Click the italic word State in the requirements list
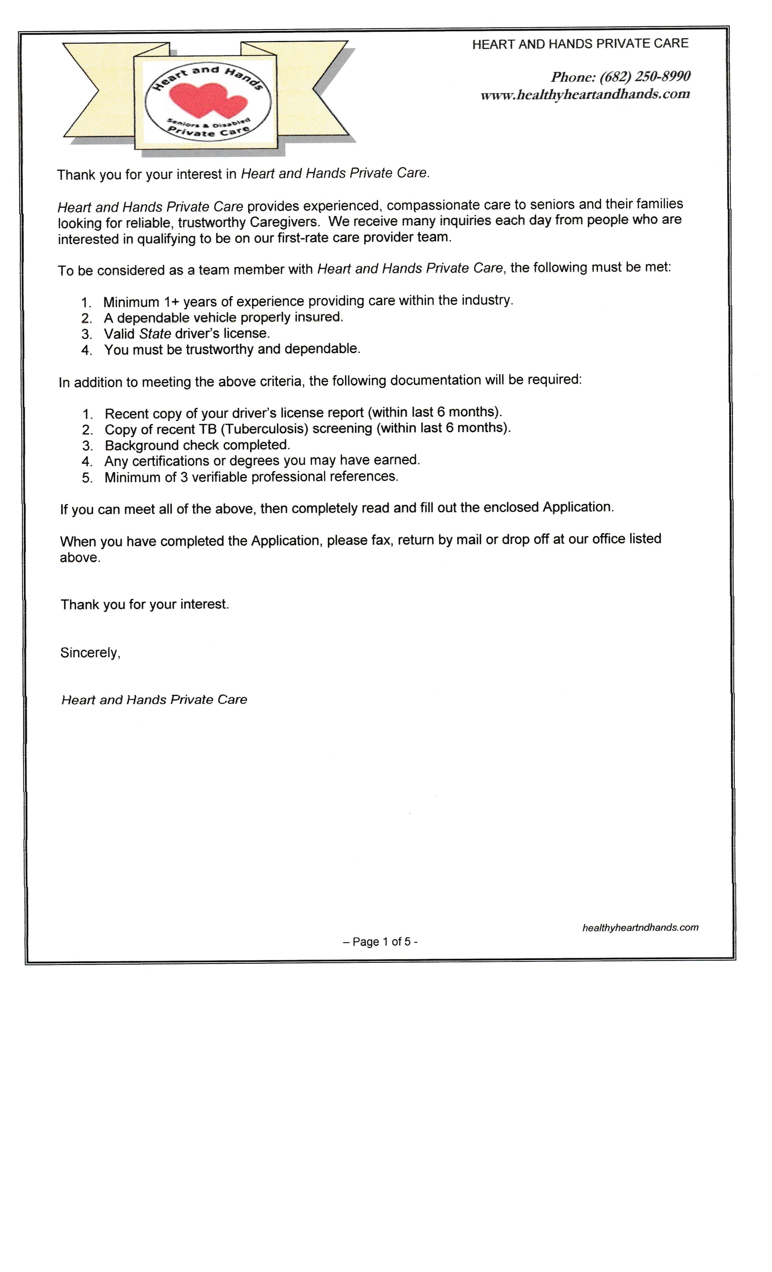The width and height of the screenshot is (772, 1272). pos(155,333)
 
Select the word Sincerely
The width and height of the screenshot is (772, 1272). pos(90,653)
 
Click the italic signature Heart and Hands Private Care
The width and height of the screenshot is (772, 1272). pos(154,700)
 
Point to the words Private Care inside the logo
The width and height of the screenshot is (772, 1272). pos(209,131)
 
